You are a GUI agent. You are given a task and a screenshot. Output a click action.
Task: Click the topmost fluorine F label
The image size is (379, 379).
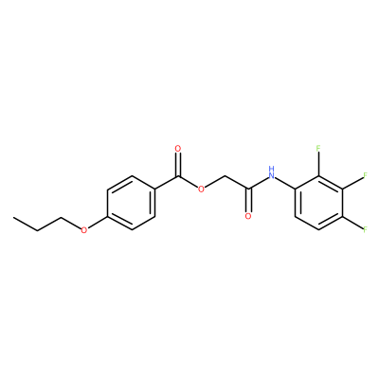(x=318, y=148)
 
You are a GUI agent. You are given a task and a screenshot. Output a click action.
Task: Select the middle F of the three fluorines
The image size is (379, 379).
(x=366, y=175)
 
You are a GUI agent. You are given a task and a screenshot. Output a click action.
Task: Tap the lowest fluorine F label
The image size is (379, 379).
(x=366, y=229)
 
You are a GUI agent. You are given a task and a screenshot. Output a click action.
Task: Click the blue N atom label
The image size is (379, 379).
(x=271, y=175)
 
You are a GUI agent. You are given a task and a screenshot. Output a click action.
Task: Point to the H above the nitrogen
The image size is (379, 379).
(x=271, y=168)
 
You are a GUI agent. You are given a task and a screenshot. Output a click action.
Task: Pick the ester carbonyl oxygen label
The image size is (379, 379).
(x=178, y=149)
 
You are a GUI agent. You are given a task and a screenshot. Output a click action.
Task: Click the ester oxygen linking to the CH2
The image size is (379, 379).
(x=201, y=189)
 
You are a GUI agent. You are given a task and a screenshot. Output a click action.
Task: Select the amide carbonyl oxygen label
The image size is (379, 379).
(x=248, y=216)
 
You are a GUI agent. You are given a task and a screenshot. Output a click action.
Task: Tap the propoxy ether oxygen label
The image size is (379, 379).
(x=83, y=230)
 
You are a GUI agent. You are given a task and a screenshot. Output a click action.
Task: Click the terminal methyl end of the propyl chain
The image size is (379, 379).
(x=13, y=217)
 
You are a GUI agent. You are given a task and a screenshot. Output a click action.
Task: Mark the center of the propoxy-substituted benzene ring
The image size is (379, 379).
(x=131, y=203)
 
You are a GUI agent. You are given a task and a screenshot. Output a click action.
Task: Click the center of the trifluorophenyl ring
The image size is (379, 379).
(x=318, y=203)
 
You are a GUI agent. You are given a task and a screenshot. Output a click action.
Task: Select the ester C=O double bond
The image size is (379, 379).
(x=178, y=165)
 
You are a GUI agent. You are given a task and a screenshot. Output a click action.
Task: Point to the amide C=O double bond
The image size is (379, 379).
(x=248, y=200)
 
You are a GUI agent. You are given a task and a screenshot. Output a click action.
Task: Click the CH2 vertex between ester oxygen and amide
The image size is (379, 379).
(x=225, y=175)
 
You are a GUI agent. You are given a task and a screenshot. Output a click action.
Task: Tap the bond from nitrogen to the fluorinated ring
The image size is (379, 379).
(x=285, y=184)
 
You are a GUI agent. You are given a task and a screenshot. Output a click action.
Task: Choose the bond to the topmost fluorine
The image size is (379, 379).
(x=318, y=164)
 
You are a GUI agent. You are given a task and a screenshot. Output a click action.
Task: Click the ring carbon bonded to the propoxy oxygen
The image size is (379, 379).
(x=108, y=216)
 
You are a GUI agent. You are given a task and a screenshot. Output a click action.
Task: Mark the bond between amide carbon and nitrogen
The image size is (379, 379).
(x=259, y=183)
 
